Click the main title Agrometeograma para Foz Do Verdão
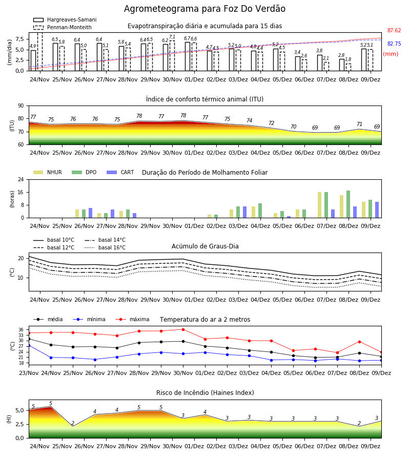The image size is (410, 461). pyautogui.click(x=204, y=9)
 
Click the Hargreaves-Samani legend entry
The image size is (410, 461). pyautogui.click(x=65, y=19)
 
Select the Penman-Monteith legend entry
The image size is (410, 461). pyautogui.click(x=63, y=27)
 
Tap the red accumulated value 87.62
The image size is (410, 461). pyautogui.click(x=394, y=30)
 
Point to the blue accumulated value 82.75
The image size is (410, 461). pyautogui.click(x=394, y=44)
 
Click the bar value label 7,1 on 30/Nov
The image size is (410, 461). pyautogui.click(x=172, y=37)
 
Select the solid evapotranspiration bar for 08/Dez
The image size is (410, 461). pyautogui.click(x=342, y=65)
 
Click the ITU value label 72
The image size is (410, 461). pyautogui.click(x=271, y=123)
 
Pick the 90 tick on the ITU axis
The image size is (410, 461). pyautogui.click(x=21, y=106)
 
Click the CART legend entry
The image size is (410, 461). pyautogui.click(x=120, y=172)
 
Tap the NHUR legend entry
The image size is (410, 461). pyautogui.click(x=48, y=172)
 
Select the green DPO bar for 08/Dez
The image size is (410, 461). pyautogui.click(x=348, y=204)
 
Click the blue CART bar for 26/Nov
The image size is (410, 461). pyautogui.click(x=90, y=213)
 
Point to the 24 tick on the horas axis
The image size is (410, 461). pyautogui.click(x=21, y=179)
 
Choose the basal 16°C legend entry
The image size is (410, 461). pyautogui.click(x=105, y=247)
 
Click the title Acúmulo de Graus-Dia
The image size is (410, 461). pyautogui.click(x=205, y=246)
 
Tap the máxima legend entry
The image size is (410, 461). pyautogui.click(x=133, y=319)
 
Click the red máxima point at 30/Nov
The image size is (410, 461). pyautogui.click(x=183, y=329)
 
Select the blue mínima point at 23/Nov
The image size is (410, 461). pyautogui.click(x=29, y=345)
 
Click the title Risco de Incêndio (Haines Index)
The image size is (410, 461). pyautogui.click(x=205, y=392)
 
